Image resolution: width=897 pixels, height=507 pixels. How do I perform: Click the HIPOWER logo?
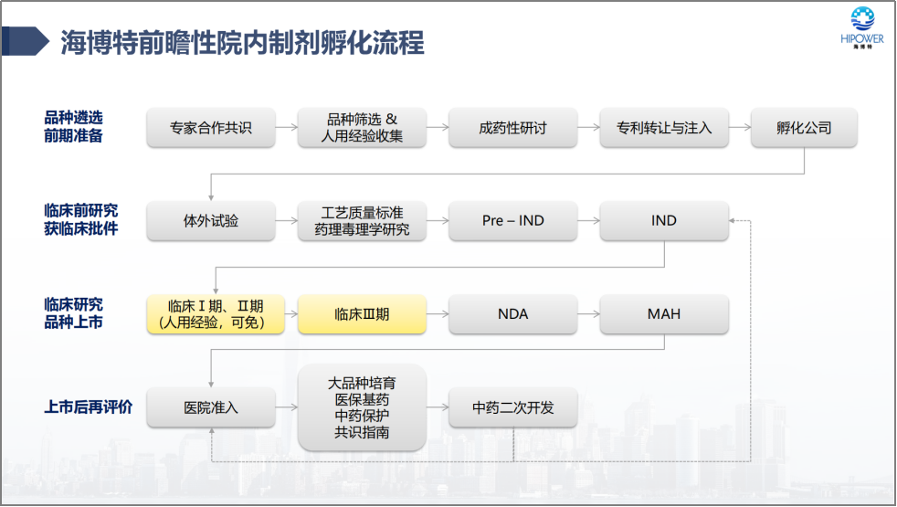point(862,27)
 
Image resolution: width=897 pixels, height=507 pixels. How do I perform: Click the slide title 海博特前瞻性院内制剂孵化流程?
point(243,42)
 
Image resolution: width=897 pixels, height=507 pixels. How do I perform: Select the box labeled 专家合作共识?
point(211,128)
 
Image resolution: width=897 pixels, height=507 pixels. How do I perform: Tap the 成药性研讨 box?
point(513,128)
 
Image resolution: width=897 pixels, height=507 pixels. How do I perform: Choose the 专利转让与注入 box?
point(664,128)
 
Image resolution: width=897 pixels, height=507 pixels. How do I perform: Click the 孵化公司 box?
point(804,128)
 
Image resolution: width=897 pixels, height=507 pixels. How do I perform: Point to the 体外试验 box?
point(211,221)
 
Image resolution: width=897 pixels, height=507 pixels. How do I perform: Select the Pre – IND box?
point(513,221)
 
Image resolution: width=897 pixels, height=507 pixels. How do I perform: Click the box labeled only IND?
point(664,221)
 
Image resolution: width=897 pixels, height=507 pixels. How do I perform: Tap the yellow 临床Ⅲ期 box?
point(362,314)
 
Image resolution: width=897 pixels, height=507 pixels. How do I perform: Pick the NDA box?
point(513,314)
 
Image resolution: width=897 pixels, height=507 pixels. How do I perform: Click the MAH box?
point(664,314)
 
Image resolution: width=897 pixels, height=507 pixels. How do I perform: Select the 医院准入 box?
point(211,407)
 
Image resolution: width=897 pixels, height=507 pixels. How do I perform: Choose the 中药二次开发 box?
point(513,407)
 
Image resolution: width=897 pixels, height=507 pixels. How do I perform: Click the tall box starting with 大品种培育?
point(362,407)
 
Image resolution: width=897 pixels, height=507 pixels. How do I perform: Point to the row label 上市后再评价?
point(88,407)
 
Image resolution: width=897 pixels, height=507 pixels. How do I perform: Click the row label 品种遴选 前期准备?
point(73,127)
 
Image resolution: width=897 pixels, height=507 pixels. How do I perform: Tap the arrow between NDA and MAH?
point(588,314)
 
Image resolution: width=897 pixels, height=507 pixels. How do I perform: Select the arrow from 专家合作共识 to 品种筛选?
point(287,128)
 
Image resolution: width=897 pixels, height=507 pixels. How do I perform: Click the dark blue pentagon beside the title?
point(25,41)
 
